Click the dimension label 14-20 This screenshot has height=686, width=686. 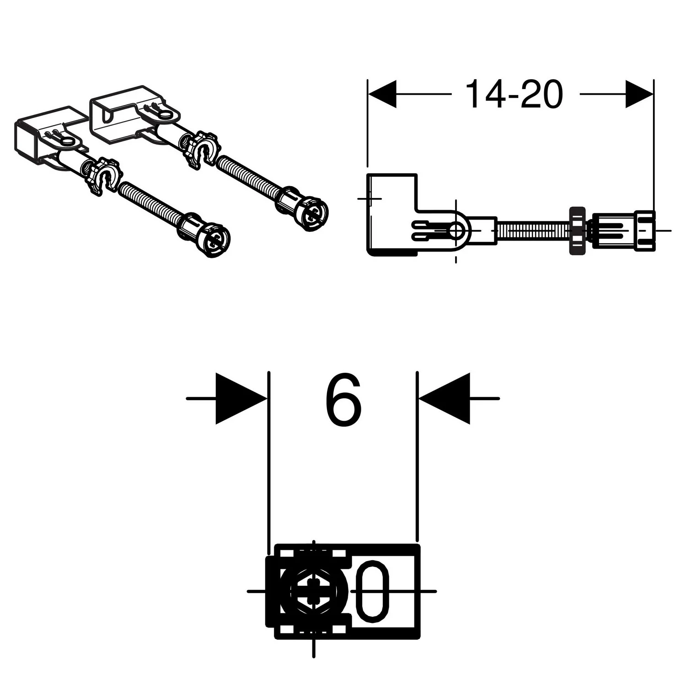514,94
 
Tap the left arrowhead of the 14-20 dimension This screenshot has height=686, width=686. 382,94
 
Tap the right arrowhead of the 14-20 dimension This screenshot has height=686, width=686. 639,94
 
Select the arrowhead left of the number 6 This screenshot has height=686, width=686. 241,399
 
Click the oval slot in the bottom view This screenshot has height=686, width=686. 375,591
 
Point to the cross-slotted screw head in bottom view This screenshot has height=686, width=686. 313,591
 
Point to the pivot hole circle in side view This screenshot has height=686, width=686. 456,231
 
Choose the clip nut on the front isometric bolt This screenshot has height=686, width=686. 104,177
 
